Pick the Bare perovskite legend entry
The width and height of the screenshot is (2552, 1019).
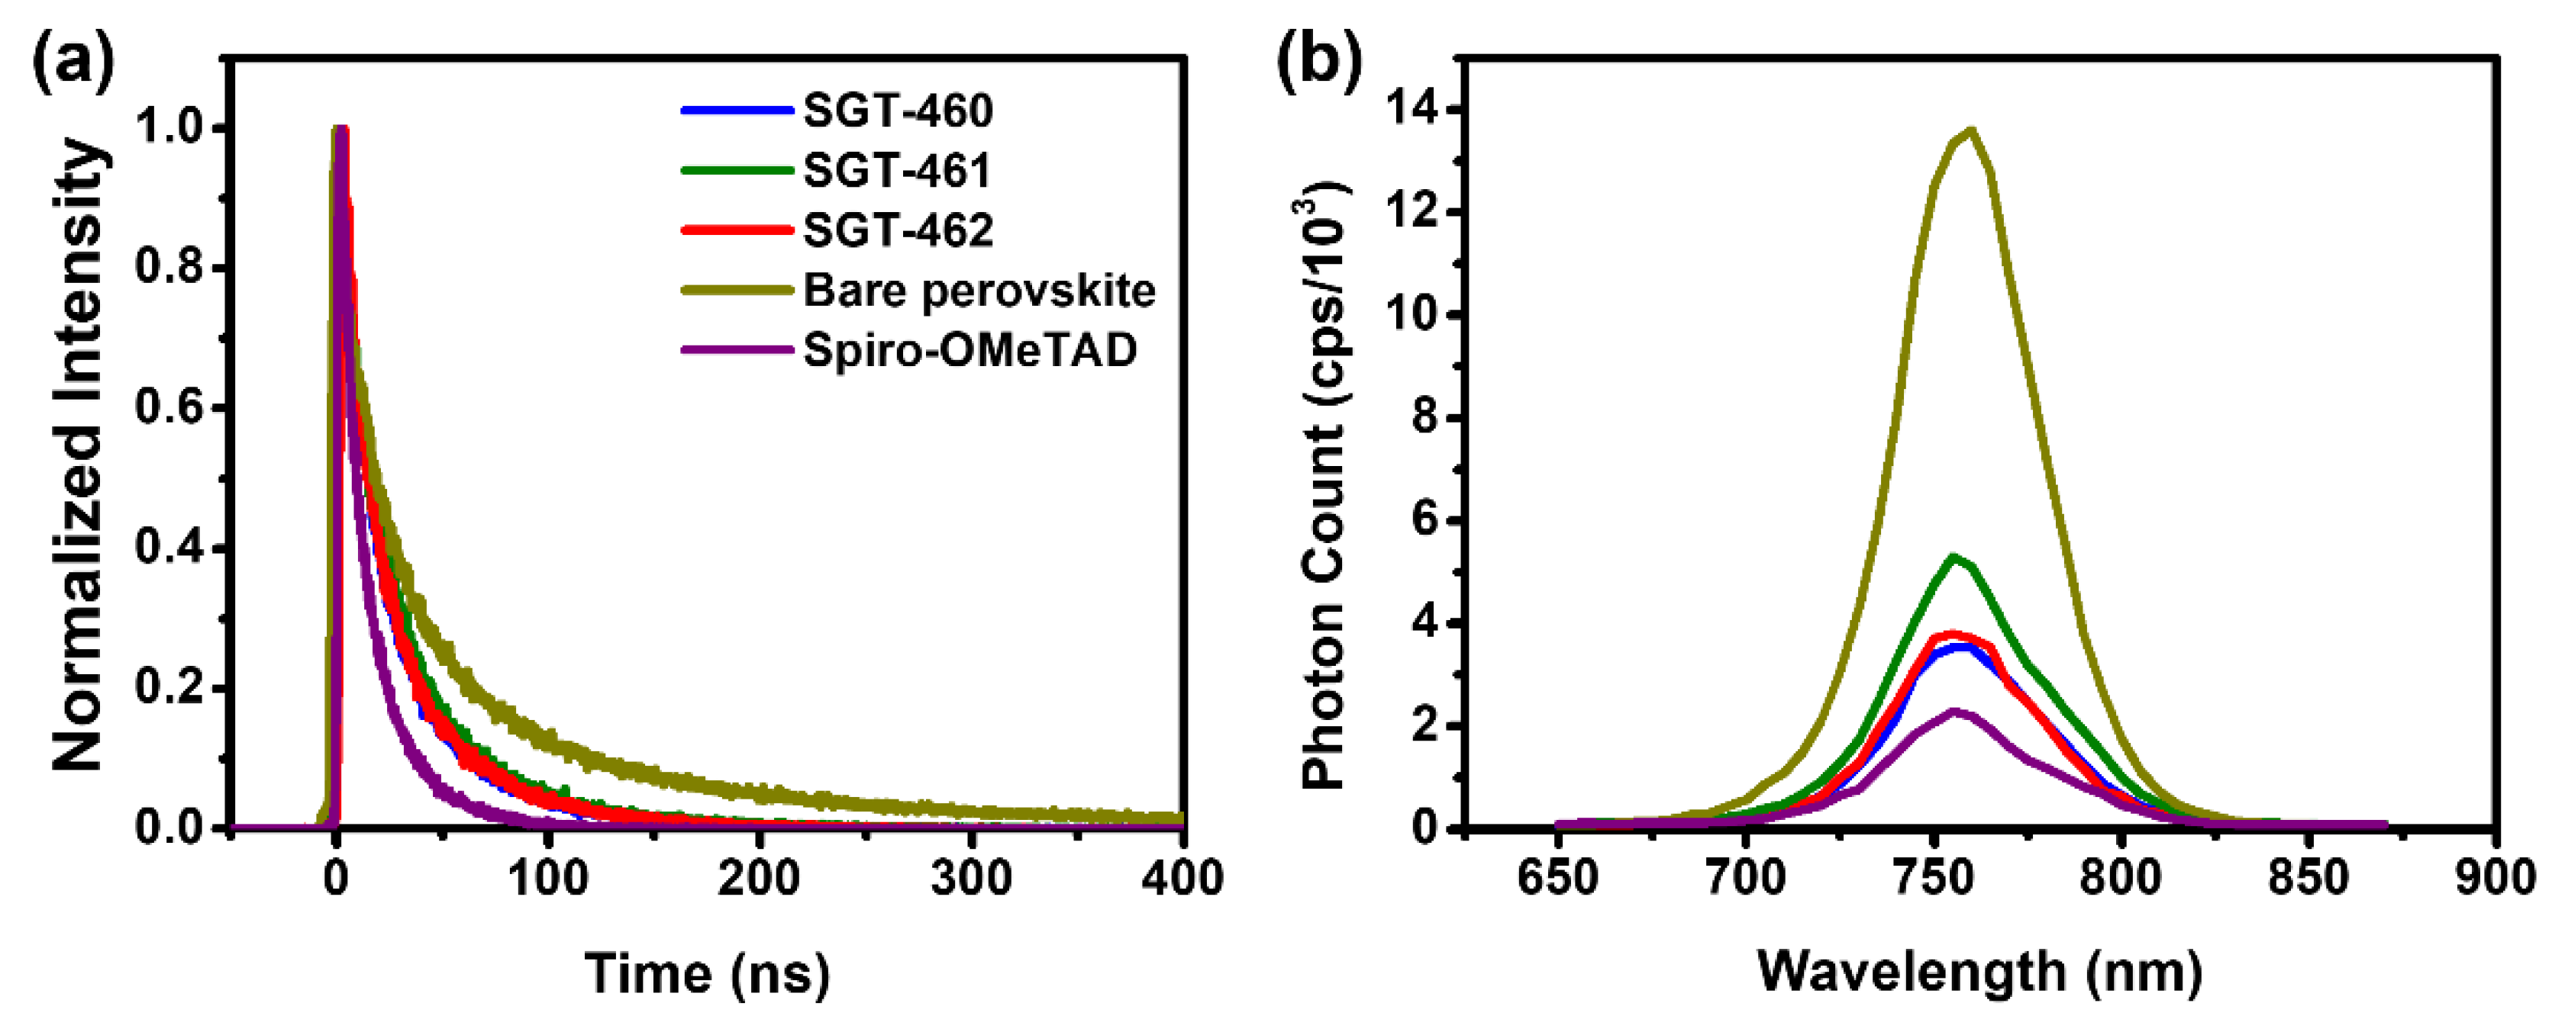click(x=979, y=290)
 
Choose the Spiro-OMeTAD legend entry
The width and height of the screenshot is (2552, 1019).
click(x=970, y=349)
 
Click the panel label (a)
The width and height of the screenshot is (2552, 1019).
click(x=71, y=61)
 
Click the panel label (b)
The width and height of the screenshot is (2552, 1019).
click(x=1318, y=61)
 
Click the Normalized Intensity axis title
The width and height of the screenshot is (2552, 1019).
click(x=77, y=455)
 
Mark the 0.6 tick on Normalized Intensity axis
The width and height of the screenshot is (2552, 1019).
click(x=173, y=408)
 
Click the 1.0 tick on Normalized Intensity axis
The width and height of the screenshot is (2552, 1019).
click(x=173, y=129)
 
